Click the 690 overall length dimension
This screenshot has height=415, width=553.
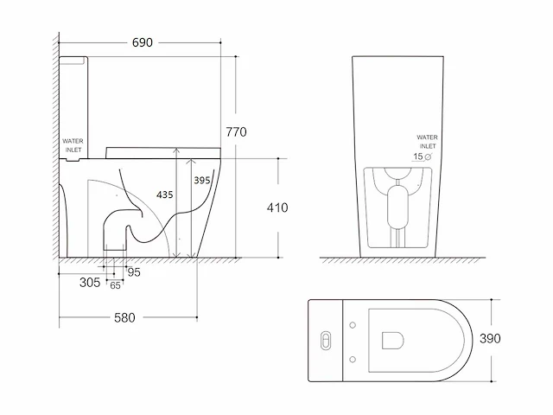pyautogui.click(x=142, y=42)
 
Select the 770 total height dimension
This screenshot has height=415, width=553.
pyautogui.click(x=236, y=132)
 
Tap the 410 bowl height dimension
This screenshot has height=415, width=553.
pyautogui.click(x=277, y=207)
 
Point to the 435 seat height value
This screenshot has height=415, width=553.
pyautogui.click(x=165, y=195)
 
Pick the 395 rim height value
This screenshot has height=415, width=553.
pyautogui.click(x=202, y=181)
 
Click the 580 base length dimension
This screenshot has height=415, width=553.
pyautogui.click(x=124, y=317)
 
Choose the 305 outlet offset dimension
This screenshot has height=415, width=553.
pyautogui.click(x=90, y=283)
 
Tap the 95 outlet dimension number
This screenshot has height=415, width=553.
pyautogui.click(x=134, y=272)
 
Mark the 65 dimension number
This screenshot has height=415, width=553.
pyautogui.click(x=115, y=285)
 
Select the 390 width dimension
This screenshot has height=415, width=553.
pyautogui.click(x=490, y=338)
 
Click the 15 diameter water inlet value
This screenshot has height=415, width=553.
pyautogui.click(x=418, y=156)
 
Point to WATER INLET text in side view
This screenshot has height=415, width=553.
pyautogui.click(x=73, y=145)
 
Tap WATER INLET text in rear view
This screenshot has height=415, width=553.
pyautogui.click(x=428, y=142)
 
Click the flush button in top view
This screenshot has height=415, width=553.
pyautogui.click(x=327, y=341)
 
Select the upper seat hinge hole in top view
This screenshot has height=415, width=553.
pyautogui.click(x=353, y=325)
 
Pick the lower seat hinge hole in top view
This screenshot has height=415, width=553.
pyautogui.click(x=353, y=360)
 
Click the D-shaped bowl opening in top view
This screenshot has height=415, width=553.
pyautogui.click(x=393, y=340)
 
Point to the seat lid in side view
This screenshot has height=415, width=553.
pyautogui.click(x=163, y=152)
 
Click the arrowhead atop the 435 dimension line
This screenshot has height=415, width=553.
pyautogui.click(x=176, y=150)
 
